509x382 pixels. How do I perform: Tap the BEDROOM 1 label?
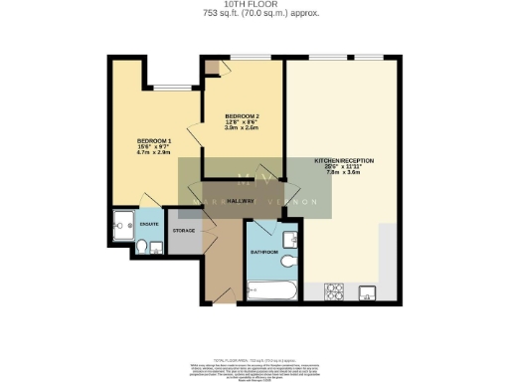(x=154, y=141)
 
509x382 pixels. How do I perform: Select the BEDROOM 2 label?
(x=242, y=115)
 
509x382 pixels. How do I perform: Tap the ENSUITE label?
(x=148, y=225)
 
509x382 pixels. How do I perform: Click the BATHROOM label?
(x=262, y=253)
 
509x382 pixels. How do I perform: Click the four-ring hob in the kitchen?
(x=335, y=292)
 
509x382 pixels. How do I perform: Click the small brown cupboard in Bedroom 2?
(x=211, y=68)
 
